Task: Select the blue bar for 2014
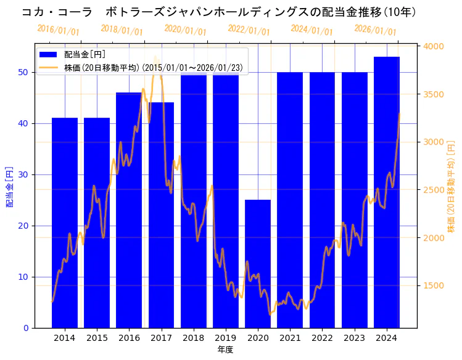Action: click(x=65, y=223)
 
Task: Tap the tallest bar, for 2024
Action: click(x=387, y=192)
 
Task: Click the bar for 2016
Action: click(x=129, y=210)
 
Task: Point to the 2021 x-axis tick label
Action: click(x=290, y=338)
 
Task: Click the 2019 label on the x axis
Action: click(x=226, y=338)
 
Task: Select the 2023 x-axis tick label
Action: click(x=354, y=338)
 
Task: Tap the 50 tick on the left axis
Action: click(x=22, y=72)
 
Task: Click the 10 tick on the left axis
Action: click(x=22, y=277)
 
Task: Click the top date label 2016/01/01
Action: click(x=58, y=30)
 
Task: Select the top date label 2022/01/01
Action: click(x=249, y=30)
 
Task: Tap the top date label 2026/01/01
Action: click(x=375, y=30)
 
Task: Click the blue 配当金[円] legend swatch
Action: click(x=48, y=55)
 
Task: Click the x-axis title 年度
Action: click(x=225, y=350)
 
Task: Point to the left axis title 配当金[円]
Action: click(x=9, y=186)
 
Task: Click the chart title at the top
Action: click(x=219, y=12)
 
